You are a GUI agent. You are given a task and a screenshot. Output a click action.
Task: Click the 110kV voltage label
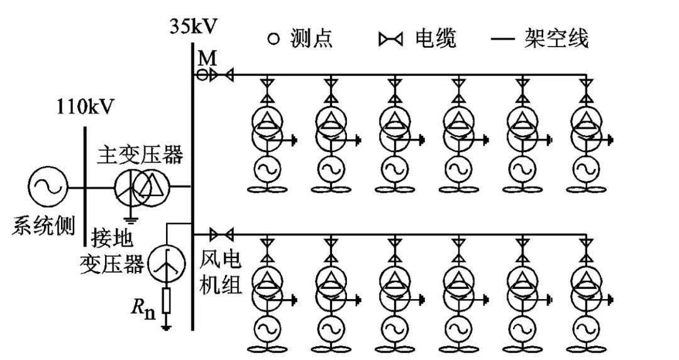(86, 106)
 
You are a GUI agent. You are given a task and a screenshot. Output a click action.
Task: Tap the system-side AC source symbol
(48, 187)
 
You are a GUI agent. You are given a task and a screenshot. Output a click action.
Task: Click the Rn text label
(144, 308)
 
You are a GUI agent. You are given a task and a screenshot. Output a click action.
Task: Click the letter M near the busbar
(207, 59)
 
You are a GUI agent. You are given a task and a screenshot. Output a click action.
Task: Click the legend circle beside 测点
(272, 40)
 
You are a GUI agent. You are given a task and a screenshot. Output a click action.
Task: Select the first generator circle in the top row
(266, 169)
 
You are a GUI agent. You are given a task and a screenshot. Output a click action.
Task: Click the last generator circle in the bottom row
(585, 327)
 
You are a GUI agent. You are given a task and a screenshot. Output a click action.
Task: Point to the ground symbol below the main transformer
(131, 220)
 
